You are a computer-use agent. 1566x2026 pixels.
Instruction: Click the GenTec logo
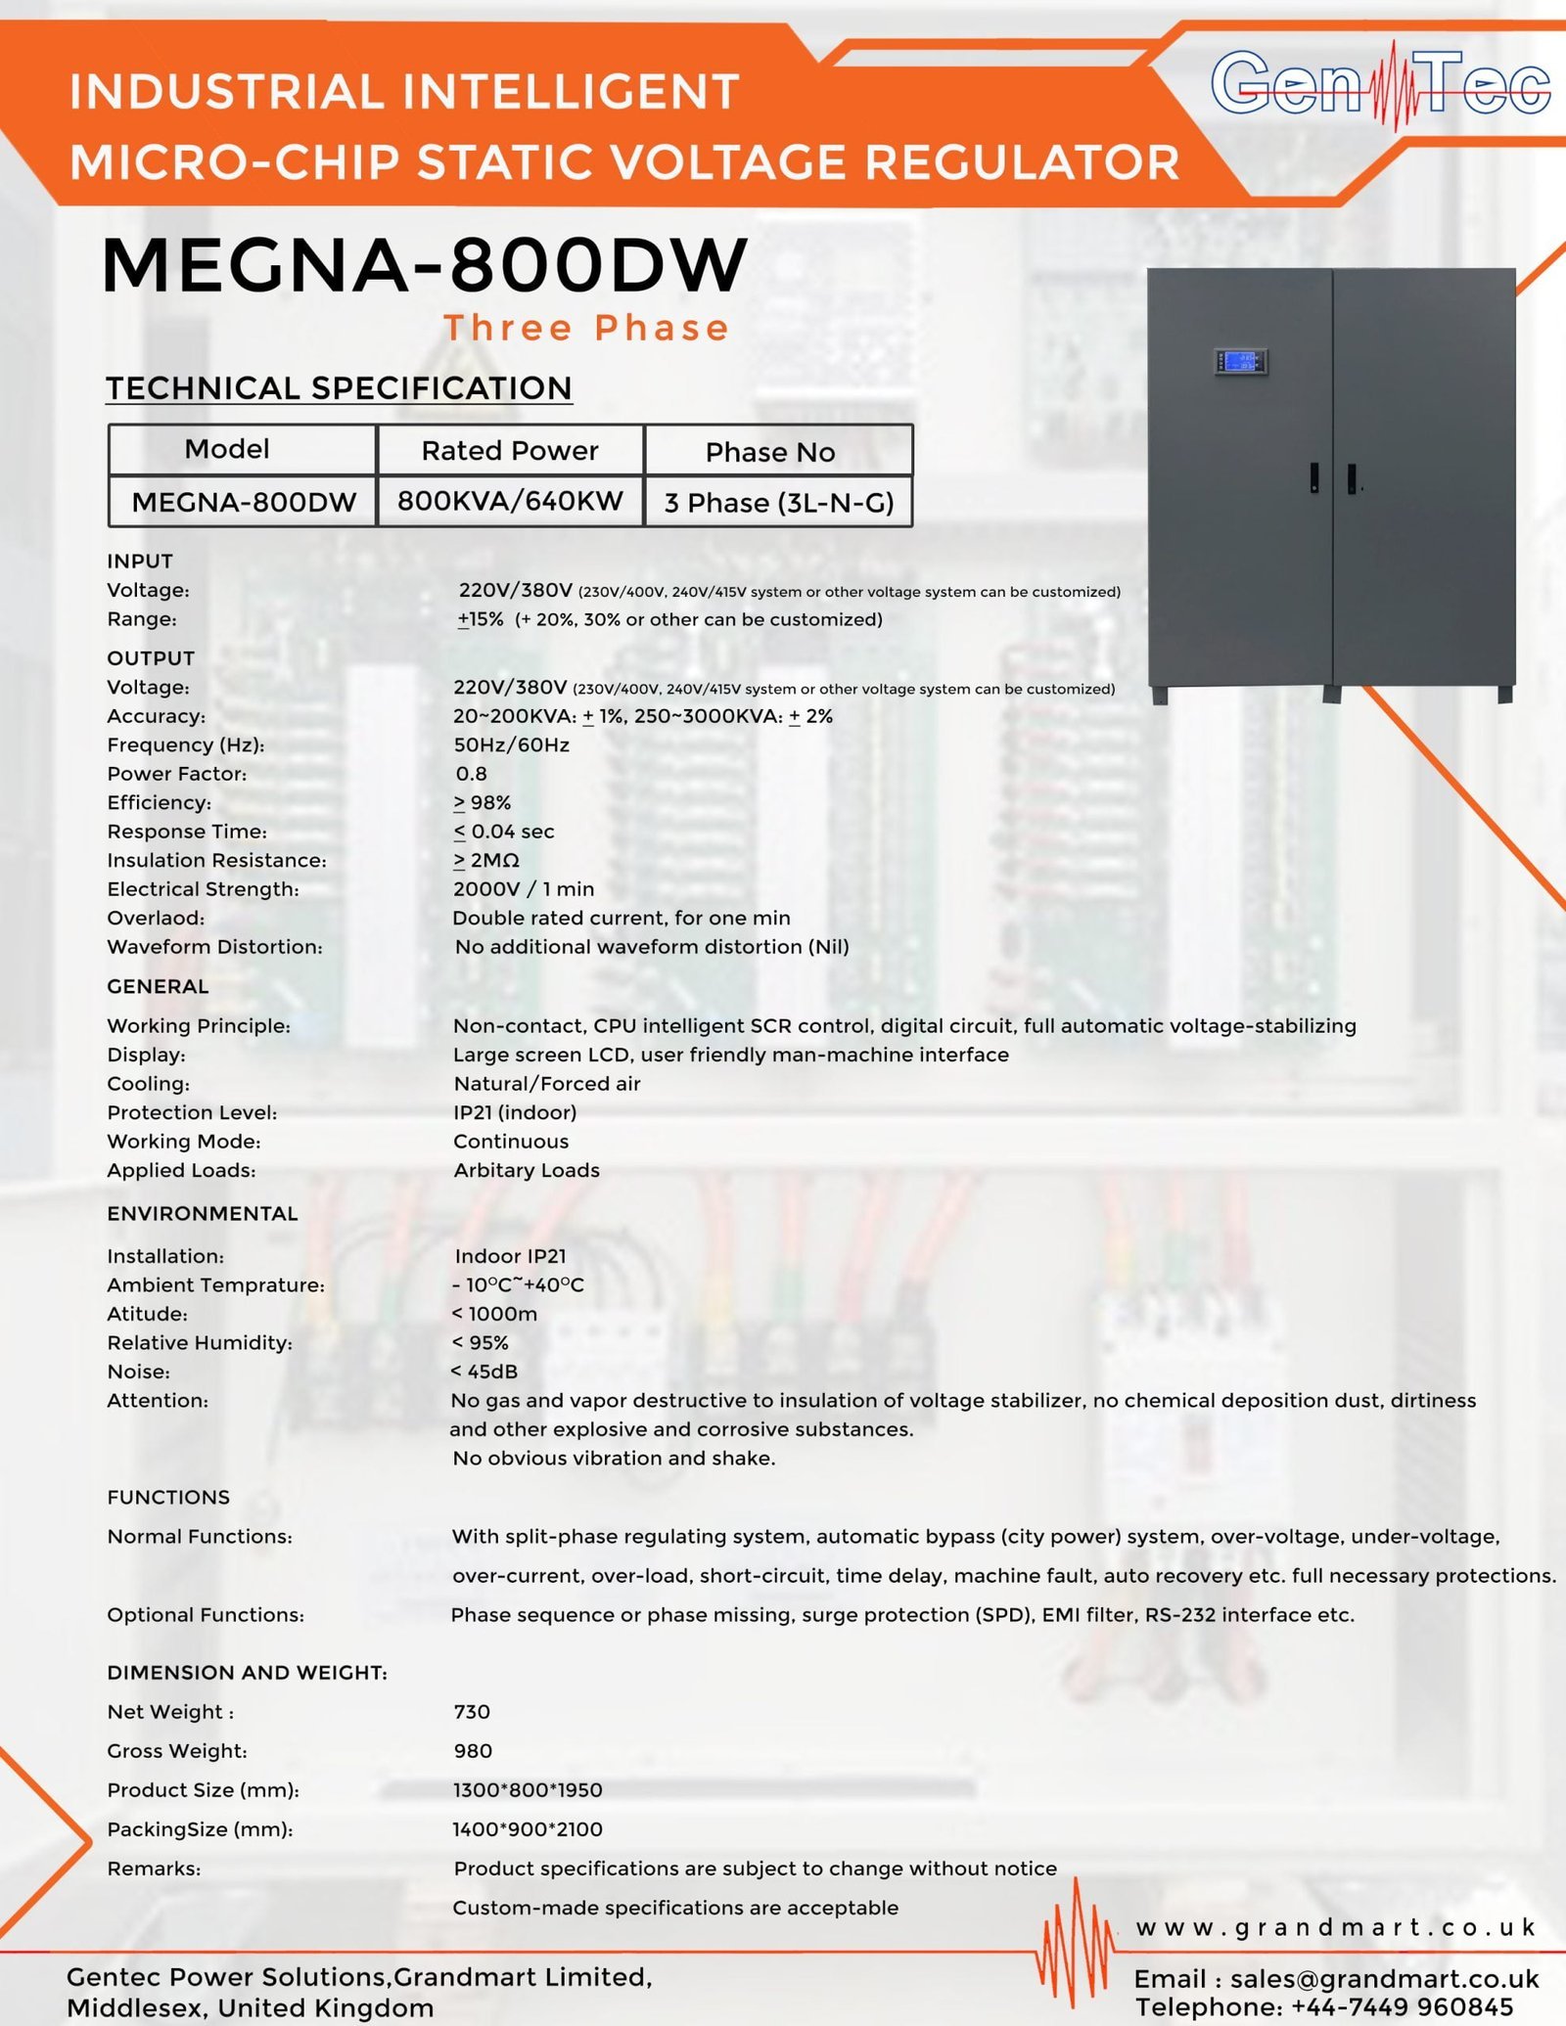click(1380, 86)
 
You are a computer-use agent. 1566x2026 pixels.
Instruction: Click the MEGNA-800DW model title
click(425, 265)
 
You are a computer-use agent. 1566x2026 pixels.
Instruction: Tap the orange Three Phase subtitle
click(586, 329)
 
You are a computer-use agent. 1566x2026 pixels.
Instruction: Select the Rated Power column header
click(510, 450)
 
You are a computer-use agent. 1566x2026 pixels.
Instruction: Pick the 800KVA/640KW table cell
click(510, 501)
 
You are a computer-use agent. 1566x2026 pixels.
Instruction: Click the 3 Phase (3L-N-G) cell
click(779, 503)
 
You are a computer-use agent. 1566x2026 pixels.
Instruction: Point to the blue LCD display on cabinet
click(1241, 362)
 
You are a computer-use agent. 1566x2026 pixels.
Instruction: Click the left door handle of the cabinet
click(1313, 477)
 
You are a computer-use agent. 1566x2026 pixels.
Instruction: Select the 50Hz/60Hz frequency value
click(511, 745)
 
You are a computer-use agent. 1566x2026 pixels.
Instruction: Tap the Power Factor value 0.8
click(471, 774)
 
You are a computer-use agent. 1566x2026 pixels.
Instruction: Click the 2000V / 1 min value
click(524, 889)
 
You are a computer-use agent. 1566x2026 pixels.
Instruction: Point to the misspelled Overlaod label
click(156, 919)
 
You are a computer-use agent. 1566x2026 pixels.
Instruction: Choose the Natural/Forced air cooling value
click(547, 1084)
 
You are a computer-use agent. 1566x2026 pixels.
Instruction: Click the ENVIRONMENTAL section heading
click(203, 1214)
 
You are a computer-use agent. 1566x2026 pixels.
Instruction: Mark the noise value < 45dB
click(484, 1372)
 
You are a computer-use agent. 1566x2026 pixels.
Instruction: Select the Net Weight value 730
click(472, 1712)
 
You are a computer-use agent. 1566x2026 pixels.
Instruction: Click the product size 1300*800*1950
click(528, 1790)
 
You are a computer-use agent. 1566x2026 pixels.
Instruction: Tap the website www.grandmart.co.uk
click(1336, 1928)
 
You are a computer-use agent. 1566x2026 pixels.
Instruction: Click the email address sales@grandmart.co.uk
click(1384, 1979)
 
